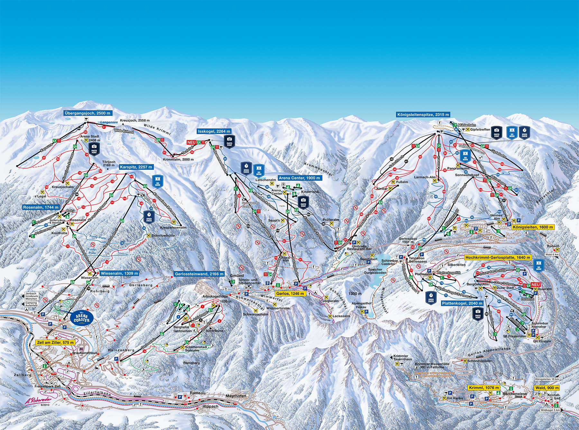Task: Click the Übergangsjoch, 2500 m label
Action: click(87, 113)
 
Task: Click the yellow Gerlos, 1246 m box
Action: click(290, 293)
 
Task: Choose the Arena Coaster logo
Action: click(82, 317)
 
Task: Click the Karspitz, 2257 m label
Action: click(136, 167)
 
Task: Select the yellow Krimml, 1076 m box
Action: click(484, 387)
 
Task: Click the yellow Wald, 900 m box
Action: click(547, 388)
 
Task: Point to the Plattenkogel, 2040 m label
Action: click(462, 303)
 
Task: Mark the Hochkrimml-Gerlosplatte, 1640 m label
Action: click(498, 257)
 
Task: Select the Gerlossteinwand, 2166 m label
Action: click(199, 274)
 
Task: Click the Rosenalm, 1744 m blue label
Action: click(41, 207)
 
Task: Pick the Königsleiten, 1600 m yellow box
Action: click(532, 227)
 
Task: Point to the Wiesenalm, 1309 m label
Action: click(120, 273)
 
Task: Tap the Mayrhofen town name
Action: click(236, 396)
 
